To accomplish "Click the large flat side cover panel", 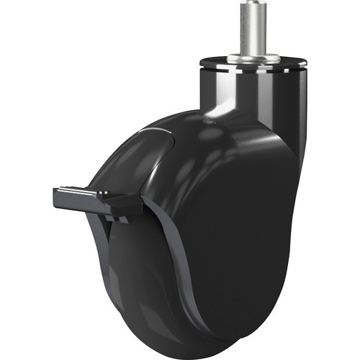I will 230,230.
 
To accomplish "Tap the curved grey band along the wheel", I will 176,288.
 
